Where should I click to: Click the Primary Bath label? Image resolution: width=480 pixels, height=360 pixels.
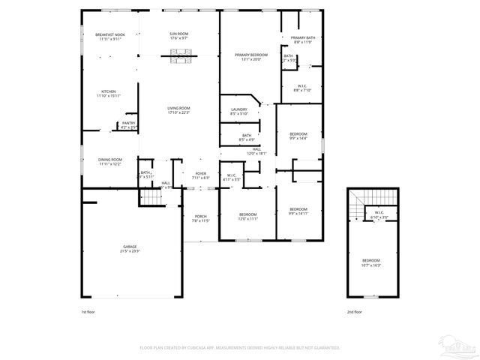[x=303, y=40]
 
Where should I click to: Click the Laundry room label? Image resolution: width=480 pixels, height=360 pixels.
[x=239, y=112]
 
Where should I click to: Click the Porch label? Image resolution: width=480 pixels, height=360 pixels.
[x=200, y=219]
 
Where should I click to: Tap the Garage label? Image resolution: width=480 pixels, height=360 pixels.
[x=130, y=248]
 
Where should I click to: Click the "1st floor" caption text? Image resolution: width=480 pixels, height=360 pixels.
[x=88, y=311]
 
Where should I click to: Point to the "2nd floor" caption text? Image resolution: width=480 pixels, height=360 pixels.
[x=353, y=311]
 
